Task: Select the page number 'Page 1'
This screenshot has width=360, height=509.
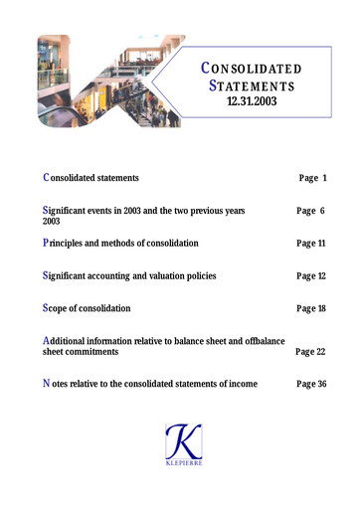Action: (x=312, y=177)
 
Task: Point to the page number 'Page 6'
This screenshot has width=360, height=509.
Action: (x=312, y=211)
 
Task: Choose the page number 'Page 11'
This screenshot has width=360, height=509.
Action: (x=311, y=244)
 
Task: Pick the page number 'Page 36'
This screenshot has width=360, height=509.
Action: (x=311, y=385)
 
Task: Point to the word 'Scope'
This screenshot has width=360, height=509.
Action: (x=59, y=310)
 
